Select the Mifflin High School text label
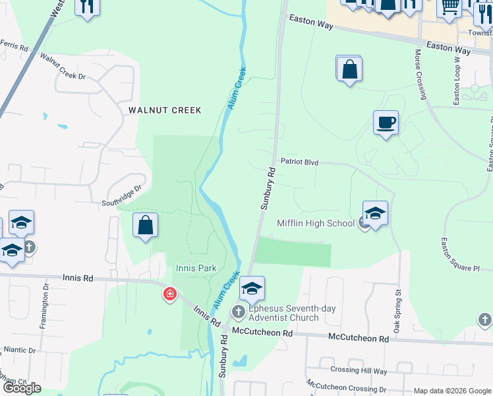316,223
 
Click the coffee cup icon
386,122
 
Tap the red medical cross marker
170,294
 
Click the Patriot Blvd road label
299,162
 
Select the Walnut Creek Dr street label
63,67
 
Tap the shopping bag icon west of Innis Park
146,225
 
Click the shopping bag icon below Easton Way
349,69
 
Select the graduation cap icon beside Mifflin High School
375,213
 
